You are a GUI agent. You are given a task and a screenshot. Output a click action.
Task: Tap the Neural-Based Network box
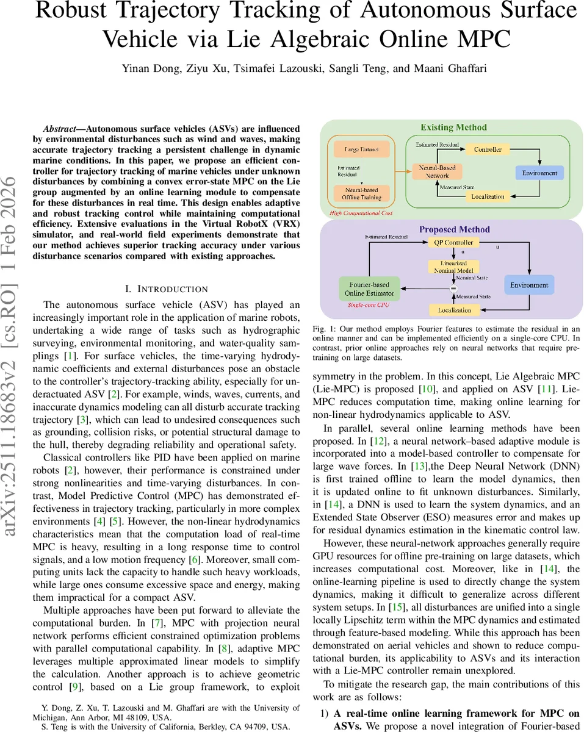click(x=437, y=171)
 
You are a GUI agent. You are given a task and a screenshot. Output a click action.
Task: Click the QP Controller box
click(x=453, y=242)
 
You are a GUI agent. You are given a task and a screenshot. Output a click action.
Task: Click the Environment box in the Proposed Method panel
click(x=529, y=285)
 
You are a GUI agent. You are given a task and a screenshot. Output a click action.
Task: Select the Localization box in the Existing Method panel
click(x=488, y=196)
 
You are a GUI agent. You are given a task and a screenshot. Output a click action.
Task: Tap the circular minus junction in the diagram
click(x=453, y=288)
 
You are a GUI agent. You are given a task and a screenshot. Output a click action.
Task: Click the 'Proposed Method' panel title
click(x=454, y=229)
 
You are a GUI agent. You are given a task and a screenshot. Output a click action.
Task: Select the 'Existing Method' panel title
click(x=453, y=127)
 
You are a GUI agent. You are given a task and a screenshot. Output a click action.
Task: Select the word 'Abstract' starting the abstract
click(x=63, y=129)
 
